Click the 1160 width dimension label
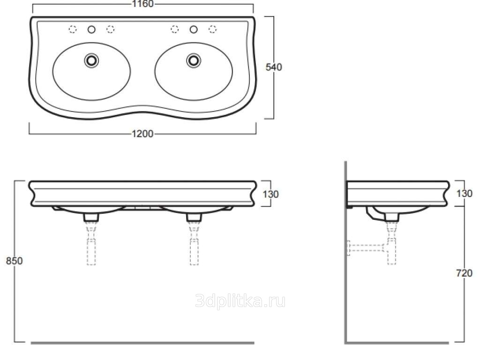tap(142, 4)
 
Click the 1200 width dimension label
tap(142, 134)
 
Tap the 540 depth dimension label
tap(274, 67)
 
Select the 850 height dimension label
tap(14, 261)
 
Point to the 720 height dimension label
tap(465, 273)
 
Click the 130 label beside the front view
tap(270, 194)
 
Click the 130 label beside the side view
tap(465, 194)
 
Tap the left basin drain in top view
tap(91, 60)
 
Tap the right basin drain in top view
tap(194, 60)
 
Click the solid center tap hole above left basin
tap(91, 30)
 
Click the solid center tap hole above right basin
tap(194, 30)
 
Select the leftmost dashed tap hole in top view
tap(73, 30)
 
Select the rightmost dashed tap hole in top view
tap(212, 30)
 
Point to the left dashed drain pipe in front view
tap(91, 243)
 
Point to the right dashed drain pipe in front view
tap(194, 243)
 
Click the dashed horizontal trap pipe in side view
tap(366, 248)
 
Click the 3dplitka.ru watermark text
tap(240, 301)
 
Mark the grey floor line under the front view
tap(142, 343)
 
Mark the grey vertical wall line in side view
tap(345, 253)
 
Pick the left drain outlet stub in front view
tap(91, 217)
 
